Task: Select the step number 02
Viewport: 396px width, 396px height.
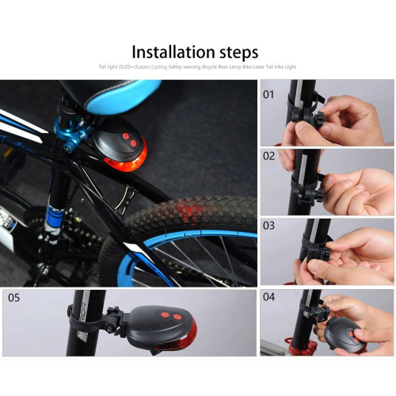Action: coord(269,156)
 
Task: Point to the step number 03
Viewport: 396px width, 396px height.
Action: coord(269,226)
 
